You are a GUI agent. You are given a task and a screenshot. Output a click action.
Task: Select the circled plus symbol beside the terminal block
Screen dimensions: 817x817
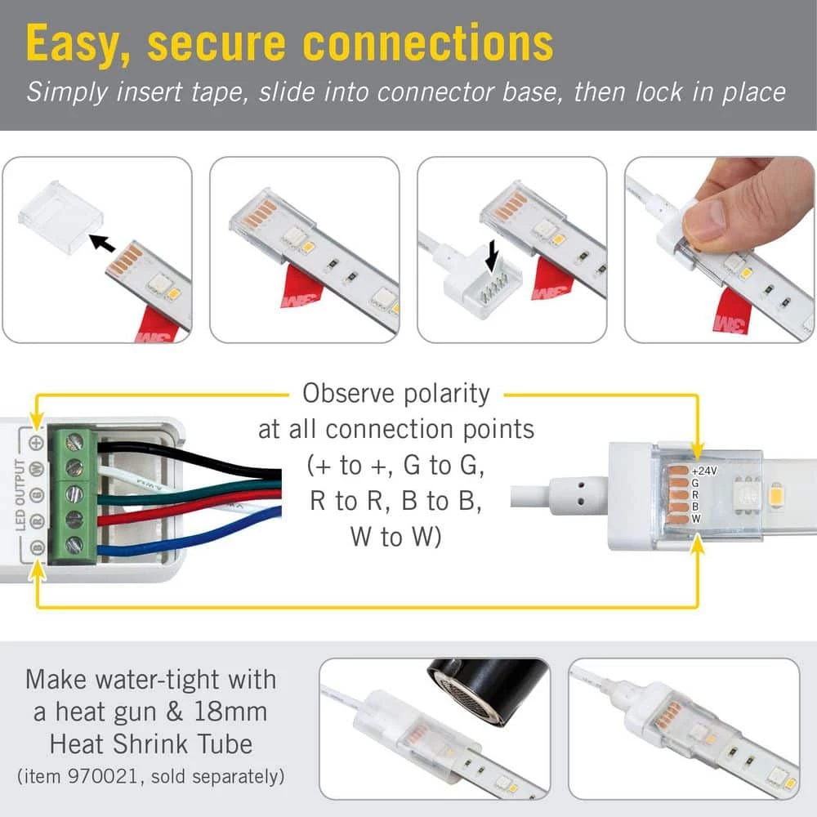click(x=35, y=442)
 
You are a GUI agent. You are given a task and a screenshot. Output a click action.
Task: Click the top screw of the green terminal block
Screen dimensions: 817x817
click(x=74, y=442)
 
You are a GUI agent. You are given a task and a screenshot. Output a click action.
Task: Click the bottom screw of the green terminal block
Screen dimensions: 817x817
click(x=74, y=545)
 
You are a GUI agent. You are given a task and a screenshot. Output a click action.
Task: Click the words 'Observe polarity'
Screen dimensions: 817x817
click(x=395, y=393)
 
